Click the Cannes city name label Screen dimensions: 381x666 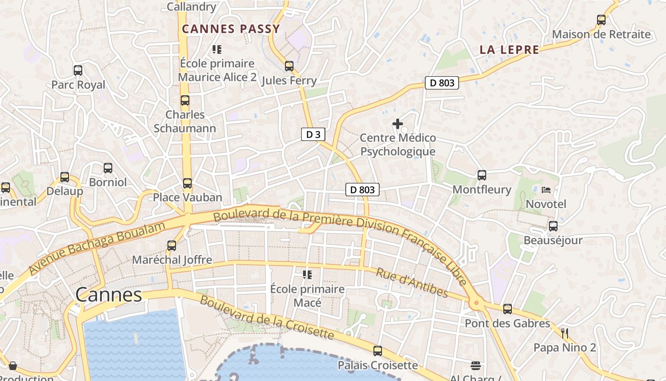pos(109,295)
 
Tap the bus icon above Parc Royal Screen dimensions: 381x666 pos(78,70)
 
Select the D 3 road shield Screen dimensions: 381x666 pos(313,135)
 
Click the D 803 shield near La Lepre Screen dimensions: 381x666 pos(442,83)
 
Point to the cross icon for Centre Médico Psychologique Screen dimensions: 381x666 pos(398,124)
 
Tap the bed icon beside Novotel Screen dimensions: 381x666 pos(546,190)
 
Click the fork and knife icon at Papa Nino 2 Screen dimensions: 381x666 pos(565,333)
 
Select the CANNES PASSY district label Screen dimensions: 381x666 pos(231,29)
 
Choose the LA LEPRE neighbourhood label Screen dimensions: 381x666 pos(509,50)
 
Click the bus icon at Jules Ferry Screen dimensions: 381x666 pos(289,66)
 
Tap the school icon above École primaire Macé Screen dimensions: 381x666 pos(307,275)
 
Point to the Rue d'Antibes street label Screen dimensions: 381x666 pos(411,282)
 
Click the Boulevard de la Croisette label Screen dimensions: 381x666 pos(266,318)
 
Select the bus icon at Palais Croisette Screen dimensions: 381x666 pos(378,351)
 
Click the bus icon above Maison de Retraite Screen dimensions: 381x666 pos(601,20)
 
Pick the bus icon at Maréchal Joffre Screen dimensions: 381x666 pos(172,246)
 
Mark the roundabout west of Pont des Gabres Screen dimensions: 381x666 pos(476,302)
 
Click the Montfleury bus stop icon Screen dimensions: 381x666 pos(482,175)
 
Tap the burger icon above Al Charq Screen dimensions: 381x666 pos(476,366)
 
